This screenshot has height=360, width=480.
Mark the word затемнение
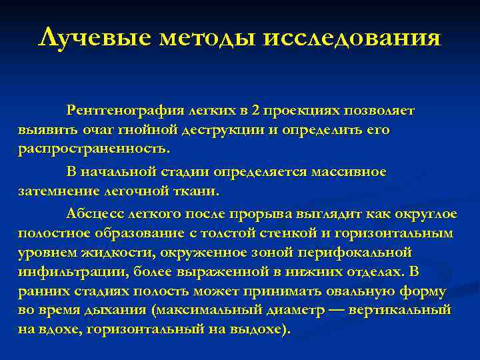pyautogui.click(x=56, y=191)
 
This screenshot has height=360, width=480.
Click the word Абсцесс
pyautogui.click(x=93, y=213)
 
